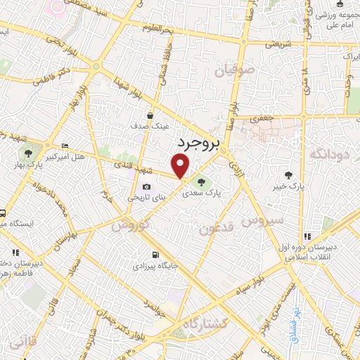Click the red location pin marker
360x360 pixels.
(x=181, y=166)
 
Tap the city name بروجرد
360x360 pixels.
(x=198, y=143)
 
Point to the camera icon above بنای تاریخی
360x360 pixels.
(x=146, y=186)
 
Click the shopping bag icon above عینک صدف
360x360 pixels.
(x=150, y=115)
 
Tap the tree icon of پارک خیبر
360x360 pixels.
(x=288, y=175)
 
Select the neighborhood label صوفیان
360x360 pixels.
(x=212, y=71)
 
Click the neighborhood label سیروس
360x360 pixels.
(x=262, y=221)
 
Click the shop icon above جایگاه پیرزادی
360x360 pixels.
(x=154, y=255)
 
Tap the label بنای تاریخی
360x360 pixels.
(x=143, y=198)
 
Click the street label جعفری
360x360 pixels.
(x=262, y=120)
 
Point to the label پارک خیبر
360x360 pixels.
(x=288, y=186)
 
